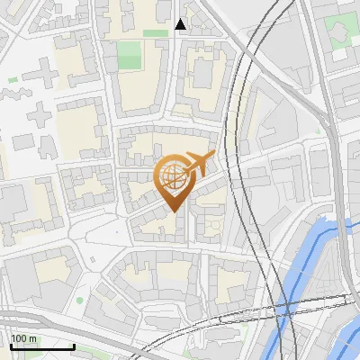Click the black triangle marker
point(181,24)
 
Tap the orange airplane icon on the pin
point(197,164)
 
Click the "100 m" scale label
point(24,338)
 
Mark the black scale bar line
point(42,346)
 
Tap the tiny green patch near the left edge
point(12,80)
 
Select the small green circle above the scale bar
point(79,300)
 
